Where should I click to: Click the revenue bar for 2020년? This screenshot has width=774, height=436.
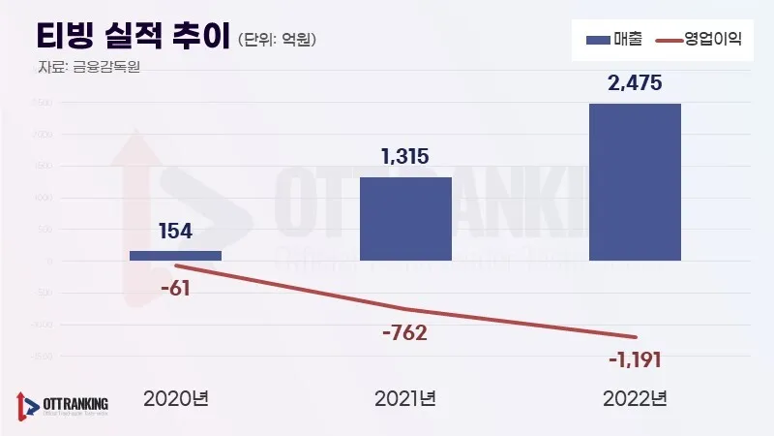click(175, 255)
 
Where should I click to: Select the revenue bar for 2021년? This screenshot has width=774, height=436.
click(405, 218)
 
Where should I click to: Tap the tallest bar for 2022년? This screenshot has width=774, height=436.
click(635, 181)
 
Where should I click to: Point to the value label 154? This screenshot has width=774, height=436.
click(175, 231)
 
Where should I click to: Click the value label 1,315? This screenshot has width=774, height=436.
click(405, 156)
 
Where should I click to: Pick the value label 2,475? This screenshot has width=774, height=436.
click(635, 83)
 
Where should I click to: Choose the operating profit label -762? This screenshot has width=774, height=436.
click(404, 333)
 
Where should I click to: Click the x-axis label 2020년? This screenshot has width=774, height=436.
click(175, 398)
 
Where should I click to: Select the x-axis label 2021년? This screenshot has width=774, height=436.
click(405, 398)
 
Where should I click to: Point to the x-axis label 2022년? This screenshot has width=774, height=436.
click(635, 398)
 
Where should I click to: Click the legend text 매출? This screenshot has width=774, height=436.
click(627, 40)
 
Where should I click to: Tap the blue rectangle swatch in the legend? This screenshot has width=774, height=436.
click(598, 40)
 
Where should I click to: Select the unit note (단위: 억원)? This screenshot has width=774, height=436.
click(278, 40)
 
